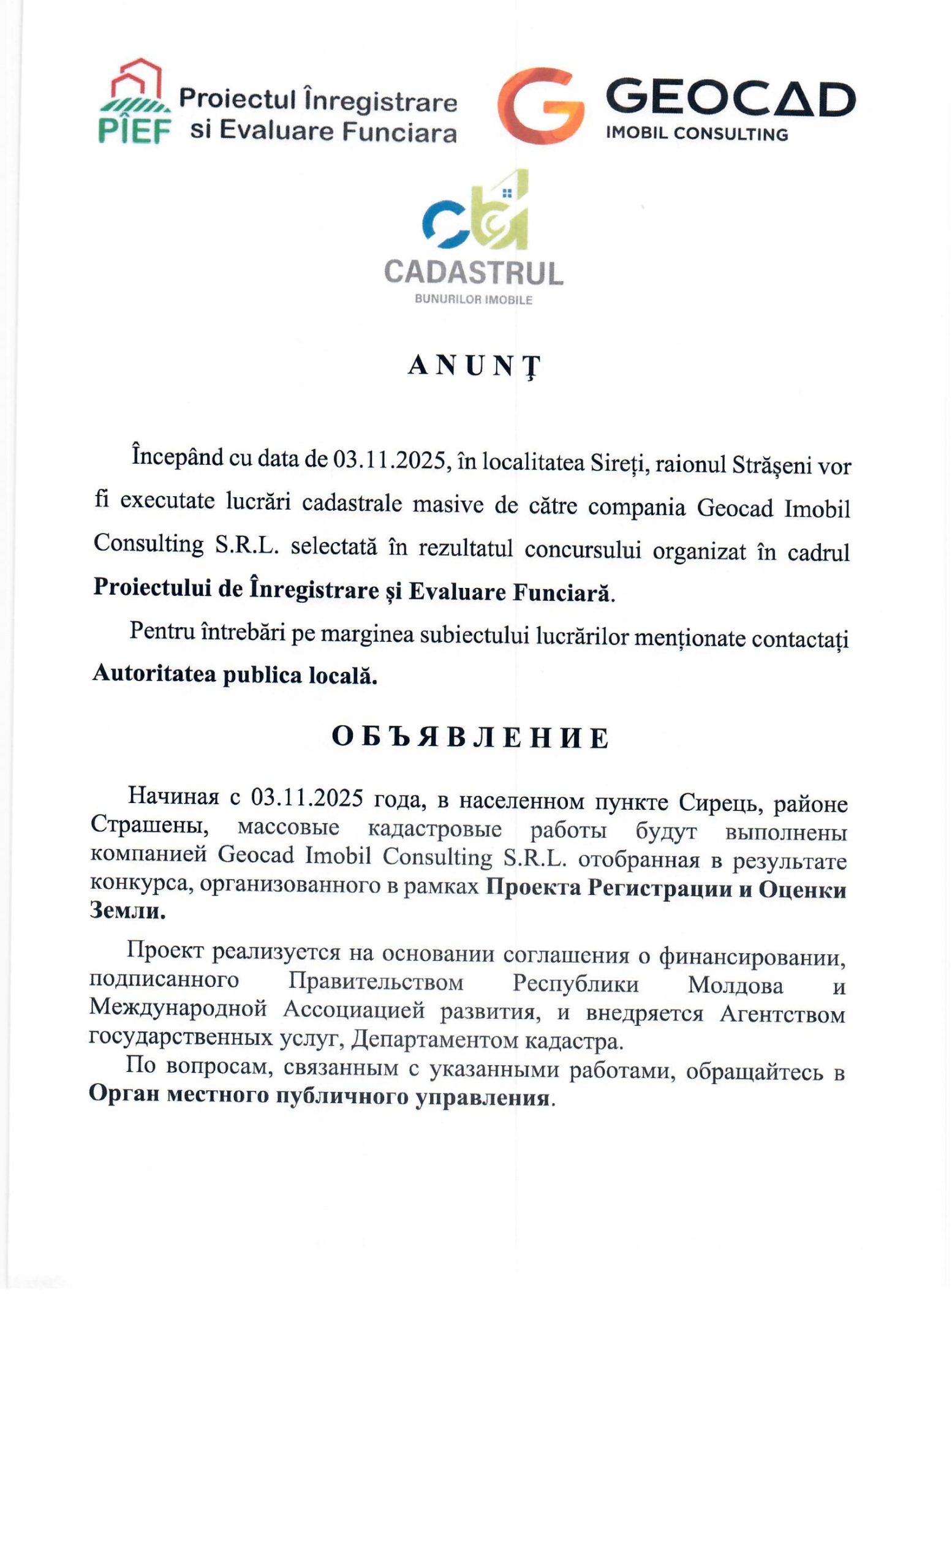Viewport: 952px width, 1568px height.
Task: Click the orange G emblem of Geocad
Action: [x=540, y=105]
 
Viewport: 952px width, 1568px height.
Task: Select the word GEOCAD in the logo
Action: [x=730, y=99]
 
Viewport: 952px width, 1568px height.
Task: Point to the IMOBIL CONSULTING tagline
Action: [x=697, y=134]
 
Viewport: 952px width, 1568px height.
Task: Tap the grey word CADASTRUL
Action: [x=474, y=273]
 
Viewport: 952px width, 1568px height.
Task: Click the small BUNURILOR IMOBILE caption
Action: [x=473, y=300]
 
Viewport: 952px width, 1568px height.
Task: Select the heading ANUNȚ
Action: [x=474, y=366]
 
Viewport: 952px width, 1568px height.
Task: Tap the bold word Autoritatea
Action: [x=154, y=673]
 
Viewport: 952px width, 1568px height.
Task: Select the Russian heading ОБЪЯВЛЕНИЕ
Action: [x=470, y=737]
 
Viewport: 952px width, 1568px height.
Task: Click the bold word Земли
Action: [x=127, y=911]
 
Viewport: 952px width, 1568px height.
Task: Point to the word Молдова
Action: [x=735, y=986]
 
